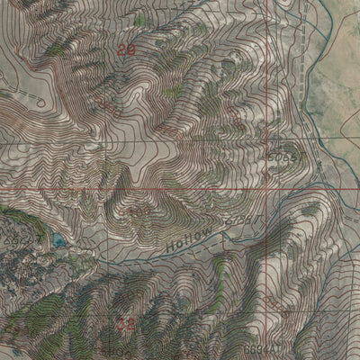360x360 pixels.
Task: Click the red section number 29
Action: [127, 52]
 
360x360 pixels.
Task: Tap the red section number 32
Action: [126, 321]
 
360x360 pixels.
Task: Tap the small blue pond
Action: [58, 240]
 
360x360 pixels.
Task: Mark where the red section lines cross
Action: [267, 190]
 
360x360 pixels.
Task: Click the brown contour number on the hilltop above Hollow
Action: [139, 210]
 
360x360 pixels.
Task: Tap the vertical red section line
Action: [267, 90]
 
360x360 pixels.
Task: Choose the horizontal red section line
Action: [135, 190]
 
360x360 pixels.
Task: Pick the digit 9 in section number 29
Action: [131, 52]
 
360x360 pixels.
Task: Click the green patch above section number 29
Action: [139, 20]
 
